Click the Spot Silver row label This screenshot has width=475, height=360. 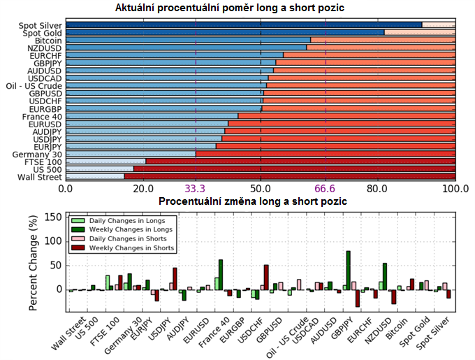(41, 25)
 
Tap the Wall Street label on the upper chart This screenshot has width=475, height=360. (41, 176)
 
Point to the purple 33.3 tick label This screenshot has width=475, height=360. (195, 188)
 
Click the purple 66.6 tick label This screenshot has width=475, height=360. (326, 188)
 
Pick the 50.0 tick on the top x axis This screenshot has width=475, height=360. (261, 188)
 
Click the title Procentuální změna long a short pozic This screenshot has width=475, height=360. (253, 201)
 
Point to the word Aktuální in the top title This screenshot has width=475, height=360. (137, 8)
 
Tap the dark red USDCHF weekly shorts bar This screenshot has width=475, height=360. (266, 277)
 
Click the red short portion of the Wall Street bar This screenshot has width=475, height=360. (290, 176)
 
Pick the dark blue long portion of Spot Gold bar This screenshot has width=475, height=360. (224, 33)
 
